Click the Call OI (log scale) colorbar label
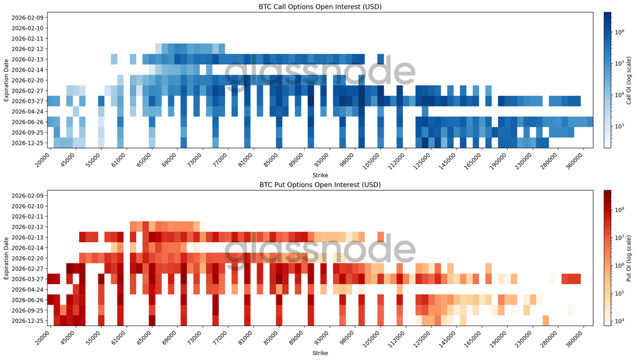[629, 80]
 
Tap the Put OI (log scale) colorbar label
[629, 257]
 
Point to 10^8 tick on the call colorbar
[617, 32]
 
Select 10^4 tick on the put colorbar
[617, 321]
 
